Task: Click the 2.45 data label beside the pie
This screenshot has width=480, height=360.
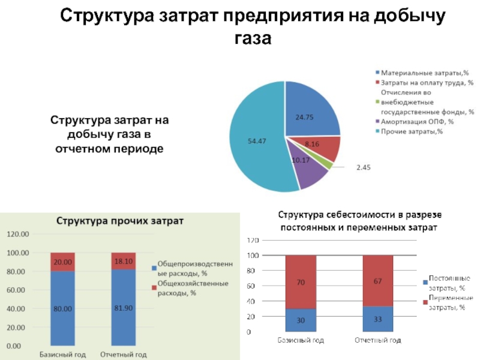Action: pyautogui.click(x=364, y=168)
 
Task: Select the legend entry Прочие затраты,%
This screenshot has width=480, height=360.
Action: pyautogui.click(x=412, y=131)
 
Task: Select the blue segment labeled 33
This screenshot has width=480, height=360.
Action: pyautogui.click(x=378, y=319)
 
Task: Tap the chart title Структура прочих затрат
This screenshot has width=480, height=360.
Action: pyautogui.click(x=120, y=220)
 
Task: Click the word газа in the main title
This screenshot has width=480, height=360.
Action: pyautogui.click(x=252, y=38)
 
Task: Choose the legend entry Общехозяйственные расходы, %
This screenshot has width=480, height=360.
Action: pyautogui.click(x=187, y=287)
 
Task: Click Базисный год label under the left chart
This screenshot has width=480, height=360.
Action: pyautogui.click(x=62, y=354)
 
